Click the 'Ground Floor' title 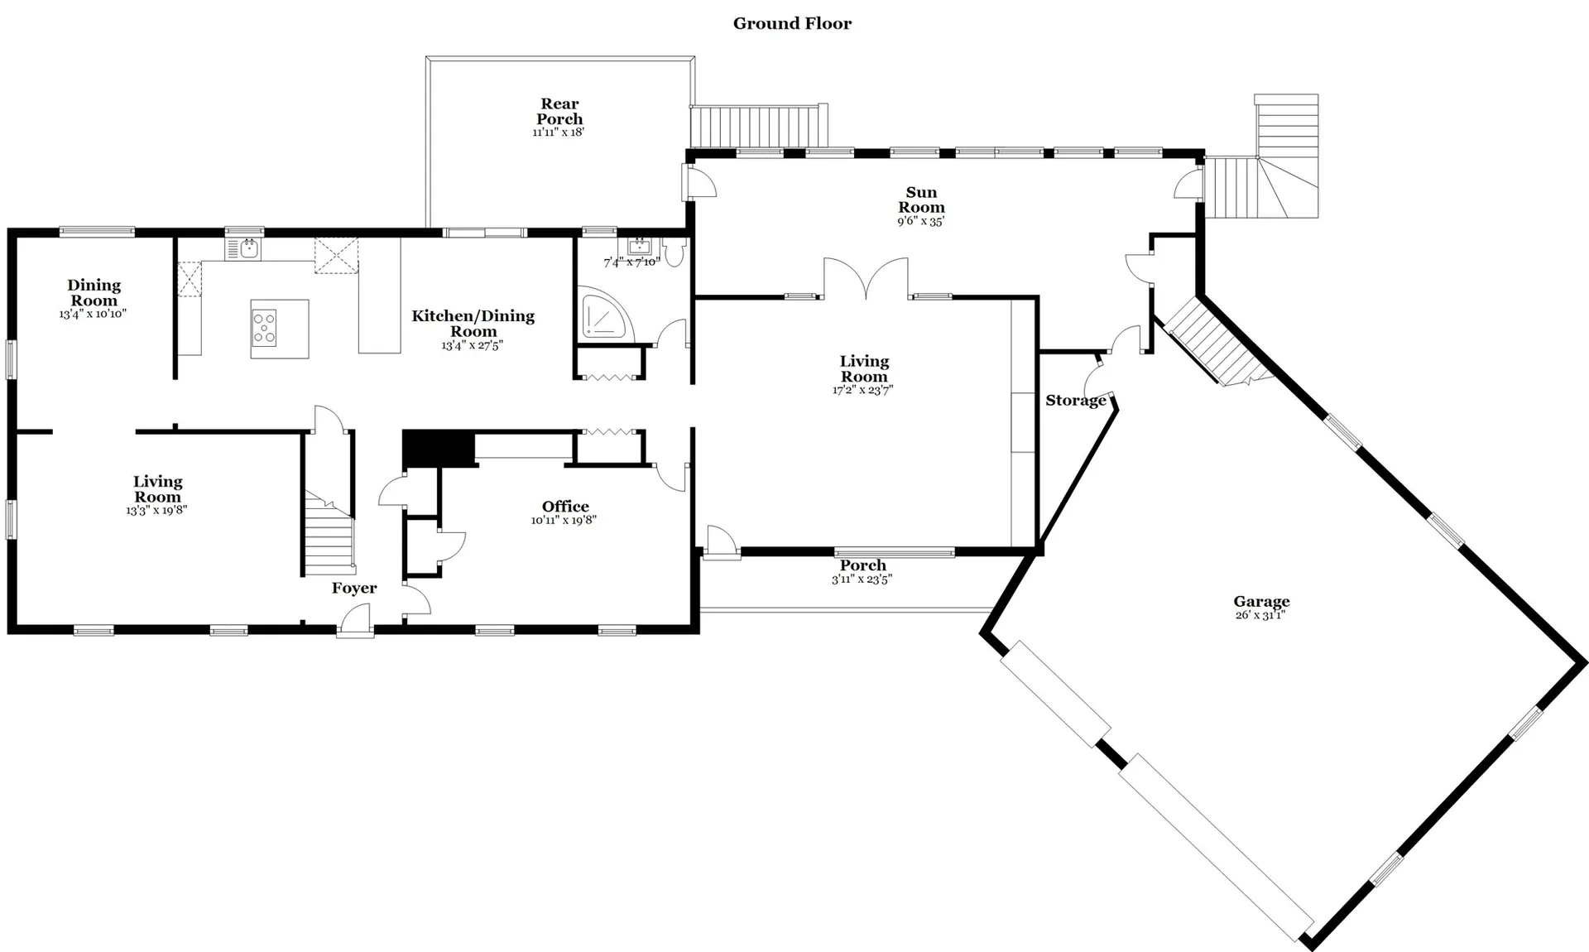(792, 23)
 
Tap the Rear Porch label (559, 111)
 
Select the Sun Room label (921, 200)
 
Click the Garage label (1261, 602)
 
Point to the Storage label (1076, 401)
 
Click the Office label (565, 507)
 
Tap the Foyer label (354, 588)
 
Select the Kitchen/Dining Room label (473, 323)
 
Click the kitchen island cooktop (264, 328)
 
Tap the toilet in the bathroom (674, 252)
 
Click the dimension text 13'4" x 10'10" (93, 315)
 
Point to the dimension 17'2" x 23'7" (863, 390)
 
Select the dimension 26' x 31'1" (1260, 615)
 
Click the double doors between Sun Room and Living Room (866, 277)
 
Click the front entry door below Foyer (354, 621)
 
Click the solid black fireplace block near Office (438, 449)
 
